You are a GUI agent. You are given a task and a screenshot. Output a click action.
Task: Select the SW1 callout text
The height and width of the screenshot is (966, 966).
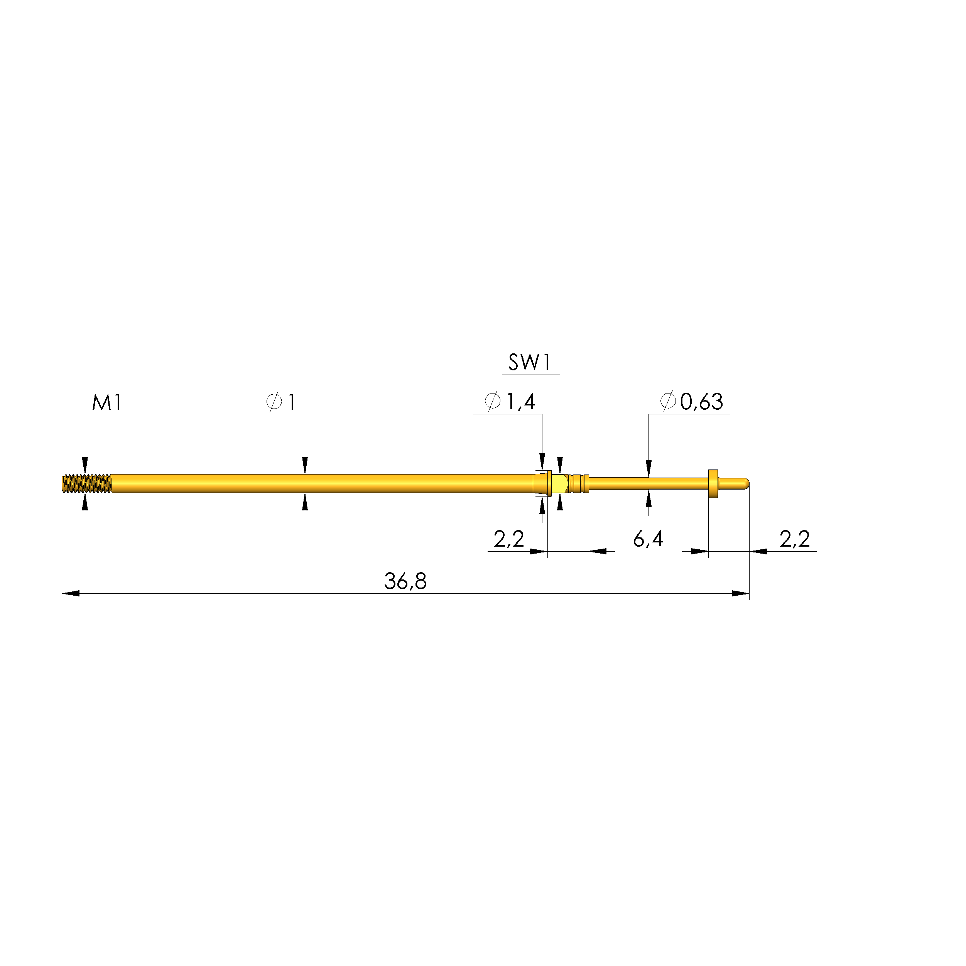[530, 363]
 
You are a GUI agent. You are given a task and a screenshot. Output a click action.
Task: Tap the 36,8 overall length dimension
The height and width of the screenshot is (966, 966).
[405, 581]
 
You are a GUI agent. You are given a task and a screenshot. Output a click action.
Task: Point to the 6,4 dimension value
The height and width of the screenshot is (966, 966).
[648, 539]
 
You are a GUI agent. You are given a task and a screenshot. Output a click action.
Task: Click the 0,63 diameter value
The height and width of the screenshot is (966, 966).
[701, 402]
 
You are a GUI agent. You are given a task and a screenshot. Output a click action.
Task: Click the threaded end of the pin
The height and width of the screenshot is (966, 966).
[86, 483]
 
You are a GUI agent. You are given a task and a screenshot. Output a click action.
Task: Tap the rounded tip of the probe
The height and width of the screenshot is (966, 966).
[745, 483]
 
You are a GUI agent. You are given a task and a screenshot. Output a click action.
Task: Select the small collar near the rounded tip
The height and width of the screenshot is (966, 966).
[713, 483]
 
